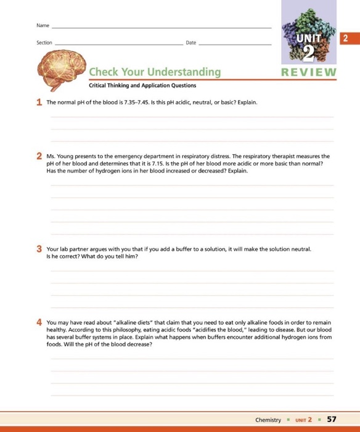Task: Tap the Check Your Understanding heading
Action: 155,72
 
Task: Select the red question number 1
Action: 39,102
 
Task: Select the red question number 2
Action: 39,157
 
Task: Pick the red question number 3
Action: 39,249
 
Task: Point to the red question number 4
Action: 39,323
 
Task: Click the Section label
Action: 44,43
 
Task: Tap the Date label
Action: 190,43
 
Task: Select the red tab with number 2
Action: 346,38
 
